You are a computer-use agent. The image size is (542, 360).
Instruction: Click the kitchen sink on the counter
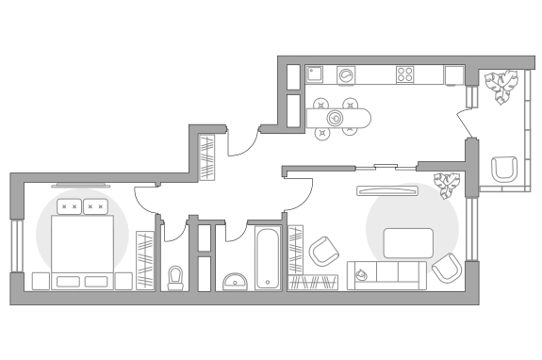[x=316, y=74]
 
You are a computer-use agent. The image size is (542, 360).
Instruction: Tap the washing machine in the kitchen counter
[x=346, y=74]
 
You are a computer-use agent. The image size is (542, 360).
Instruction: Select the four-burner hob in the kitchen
[x=406, y=74]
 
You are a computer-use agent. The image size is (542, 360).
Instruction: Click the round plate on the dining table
[x=336, y=119]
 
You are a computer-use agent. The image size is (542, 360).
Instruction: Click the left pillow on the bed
[x=68, y=206]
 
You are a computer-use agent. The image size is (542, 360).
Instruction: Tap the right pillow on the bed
[x=94, y=206]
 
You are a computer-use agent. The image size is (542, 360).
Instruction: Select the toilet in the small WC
[x=175, y=276]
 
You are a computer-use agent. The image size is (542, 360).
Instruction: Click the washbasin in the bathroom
[x=235, y=281]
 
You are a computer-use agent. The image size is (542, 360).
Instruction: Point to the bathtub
[x=269, y=257]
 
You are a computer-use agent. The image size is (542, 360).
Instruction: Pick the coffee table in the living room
[x=408, y=243]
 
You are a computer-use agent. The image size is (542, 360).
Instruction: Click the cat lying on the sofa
[x=361, y=275]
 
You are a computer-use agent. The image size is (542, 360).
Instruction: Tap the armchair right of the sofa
[x=445, y=269]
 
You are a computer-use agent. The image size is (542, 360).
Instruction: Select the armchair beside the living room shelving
[x=323, y=252]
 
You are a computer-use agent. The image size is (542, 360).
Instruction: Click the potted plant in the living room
[x=447, y=182]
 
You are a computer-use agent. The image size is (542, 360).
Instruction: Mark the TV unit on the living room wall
[x=386, y=191]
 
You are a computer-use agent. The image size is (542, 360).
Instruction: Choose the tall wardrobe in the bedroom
[x=145, y=259]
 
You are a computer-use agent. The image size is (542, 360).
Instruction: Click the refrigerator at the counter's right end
[x=454, y=74]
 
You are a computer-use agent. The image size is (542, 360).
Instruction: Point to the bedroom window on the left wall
[x=15, y=246]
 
